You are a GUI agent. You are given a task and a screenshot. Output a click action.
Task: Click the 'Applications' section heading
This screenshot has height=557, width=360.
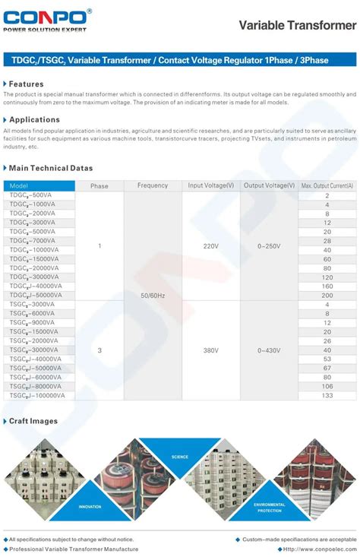point(34,119)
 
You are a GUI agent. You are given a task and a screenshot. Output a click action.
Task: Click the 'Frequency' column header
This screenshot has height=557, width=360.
point(153,185)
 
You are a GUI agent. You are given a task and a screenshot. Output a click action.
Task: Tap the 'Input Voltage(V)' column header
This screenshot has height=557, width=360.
point(210,185)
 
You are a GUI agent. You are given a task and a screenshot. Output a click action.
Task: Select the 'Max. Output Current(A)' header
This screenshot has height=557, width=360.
point(327,185)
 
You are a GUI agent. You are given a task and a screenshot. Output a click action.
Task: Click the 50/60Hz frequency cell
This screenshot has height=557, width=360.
point(153,295)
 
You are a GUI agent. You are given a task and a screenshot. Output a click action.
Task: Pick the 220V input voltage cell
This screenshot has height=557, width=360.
point(210,245)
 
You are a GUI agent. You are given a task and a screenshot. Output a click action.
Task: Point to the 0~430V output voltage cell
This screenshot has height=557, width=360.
point(269,350)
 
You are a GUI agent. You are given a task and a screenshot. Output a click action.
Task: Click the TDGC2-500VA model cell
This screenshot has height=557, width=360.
point(32,195)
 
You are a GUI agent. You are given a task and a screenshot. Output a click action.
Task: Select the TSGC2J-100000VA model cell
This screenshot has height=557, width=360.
point(37,395)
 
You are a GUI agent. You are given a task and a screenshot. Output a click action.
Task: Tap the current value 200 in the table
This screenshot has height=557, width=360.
point(327,295)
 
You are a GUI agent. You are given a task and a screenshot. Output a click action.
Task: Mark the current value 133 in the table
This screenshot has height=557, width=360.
point(327,395)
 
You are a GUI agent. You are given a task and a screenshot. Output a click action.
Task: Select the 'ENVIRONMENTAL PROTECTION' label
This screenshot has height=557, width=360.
point(269,506)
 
